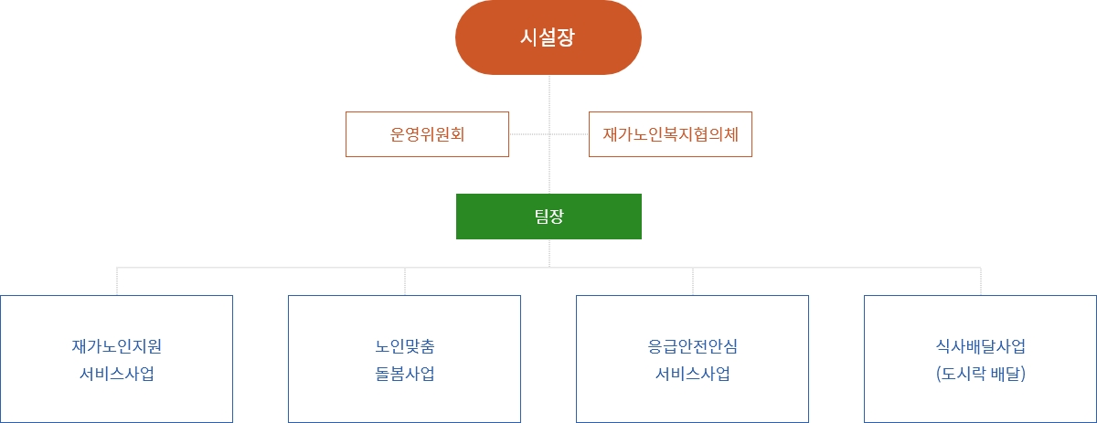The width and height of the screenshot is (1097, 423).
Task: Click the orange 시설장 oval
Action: coord(548,37)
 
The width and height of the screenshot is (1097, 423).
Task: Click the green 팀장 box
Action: coord(548,217)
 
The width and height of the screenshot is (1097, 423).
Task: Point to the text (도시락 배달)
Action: coord(980,374)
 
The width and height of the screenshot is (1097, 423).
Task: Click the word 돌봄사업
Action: coord(404,374)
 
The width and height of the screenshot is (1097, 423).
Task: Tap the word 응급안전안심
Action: coord(693,346)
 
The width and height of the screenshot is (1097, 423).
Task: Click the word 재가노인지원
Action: coord(117,346)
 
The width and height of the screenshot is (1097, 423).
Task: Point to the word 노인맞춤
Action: coord(404,346)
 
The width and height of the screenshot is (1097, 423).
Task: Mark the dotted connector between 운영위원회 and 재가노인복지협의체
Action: coord(549,133)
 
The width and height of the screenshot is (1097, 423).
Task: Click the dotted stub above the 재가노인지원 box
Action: coord(117,281)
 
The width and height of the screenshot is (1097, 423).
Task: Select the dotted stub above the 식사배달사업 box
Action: coord(981,281)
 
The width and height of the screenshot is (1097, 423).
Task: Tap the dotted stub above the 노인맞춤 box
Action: coord(405,281)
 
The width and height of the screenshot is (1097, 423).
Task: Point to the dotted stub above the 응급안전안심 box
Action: coord(693,281)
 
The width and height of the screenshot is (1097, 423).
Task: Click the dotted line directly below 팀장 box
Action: coord(549,253)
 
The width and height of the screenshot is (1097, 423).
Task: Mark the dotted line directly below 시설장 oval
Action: coord(549,134)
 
